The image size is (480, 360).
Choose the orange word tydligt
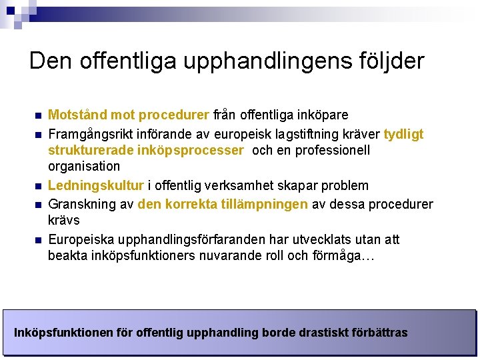coord(403,134)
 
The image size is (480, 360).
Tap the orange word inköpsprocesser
coord(191,150)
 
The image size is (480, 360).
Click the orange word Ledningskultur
coord(96,185)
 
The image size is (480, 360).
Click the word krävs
coord(64,220)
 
